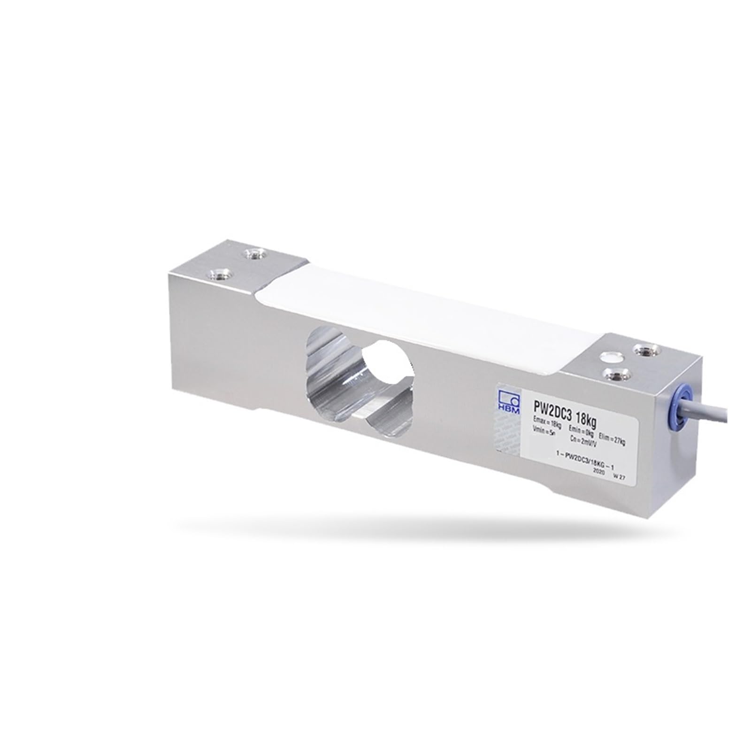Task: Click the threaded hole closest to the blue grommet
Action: coord(642,349)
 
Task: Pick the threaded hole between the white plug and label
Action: coord(613,374)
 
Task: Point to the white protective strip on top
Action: coord(413,319)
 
